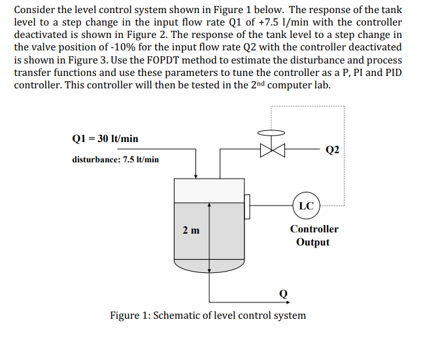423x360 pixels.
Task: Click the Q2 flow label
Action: (332, 149)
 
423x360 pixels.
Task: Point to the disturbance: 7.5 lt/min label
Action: (115, 159)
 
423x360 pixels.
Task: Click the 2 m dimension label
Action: (192, 230)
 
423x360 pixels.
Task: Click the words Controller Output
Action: (314, 236)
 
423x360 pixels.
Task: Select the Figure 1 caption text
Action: (207, 315)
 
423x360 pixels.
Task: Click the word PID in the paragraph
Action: (392, 72)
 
